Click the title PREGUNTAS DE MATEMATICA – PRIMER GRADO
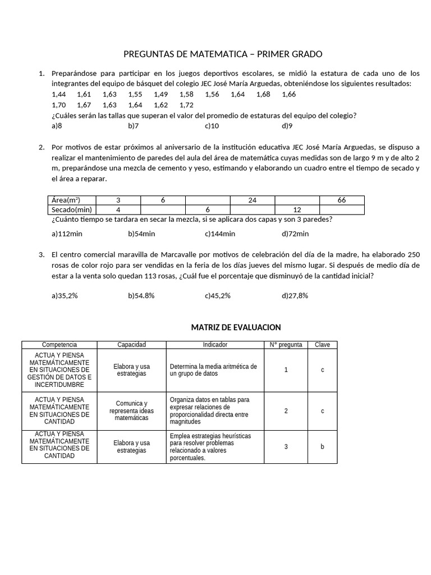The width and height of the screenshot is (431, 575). point(223,54)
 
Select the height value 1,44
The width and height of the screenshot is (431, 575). point(58,94)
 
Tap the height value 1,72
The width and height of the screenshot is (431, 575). point(186,105)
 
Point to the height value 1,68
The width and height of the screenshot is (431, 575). point(263,94)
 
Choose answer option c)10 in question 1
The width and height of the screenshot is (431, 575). point(212,126)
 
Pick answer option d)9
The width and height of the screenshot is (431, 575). point(287,126)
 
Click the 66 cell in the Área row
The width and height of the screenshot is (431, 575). point(342,200)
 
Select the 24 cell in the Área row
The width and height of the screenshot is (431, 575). point(253,200)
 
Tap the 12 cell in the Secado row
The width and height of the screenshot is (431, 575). point(297,209)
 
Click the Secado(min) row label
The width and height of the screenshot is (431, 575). point(71,209)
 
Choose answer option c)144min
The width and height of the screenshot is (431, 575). point(220,234)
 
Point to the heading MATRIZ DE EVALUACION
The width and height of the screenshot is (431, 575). point(236,327)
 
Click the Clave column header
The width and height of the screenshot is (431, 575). point(322,345)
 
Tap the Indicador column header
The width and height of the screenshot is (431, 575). point(215,345)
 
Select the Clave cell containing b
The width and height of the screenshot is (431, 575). point(322,446)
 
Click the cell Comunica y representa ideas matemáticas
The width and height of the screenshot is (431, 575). point(131,410)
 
